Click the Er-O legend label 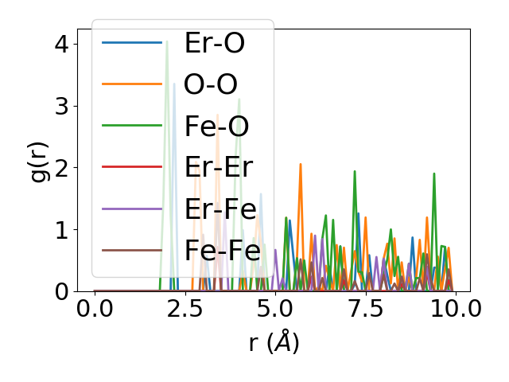(214, 44)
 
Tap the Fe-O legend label (216, 127)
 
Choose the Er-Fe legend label (220, 209)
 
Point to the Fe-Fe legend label (222, 251)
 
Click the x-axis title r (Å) (274, 342)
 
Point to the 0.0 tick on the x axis (95, 309)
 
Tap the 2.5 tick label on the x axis (185, 309)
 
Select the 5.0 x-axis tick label (274, 309)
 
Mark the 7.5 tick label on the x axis (365, 309)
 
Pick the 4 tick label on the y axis (60, 44)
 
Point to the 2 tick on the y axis (60, 168)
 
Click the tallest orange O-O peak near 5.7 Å (301, 165)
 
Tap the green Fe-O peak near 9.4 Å (433, 174)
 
